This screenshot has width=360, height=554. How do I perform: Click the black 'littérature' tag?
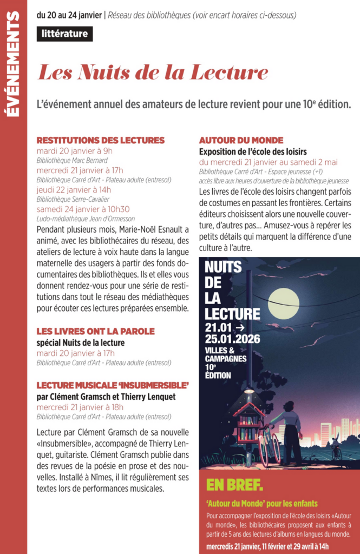(65, 34)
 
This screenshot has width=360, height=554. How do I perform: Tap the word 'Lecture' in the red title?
(230, 72)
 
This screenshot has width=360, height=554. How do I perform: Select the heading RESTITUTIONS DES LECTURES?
(100, 140)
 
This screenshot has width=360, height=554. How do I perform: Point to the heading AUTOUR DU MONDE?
(241, 140)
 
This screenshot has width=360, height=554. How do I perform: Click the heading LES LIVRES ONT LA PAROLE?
(95, 331)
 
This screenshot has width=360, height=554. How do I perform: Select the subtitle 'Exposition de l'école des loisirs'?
(253, 151)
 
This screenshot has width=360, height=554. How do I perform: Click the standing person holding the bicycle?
(291, 427)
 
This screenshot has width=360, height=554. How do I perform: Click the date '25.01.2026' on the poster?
(232, 339)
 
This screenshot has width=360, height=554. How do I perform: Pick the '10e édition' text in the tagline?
(323, 103)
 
